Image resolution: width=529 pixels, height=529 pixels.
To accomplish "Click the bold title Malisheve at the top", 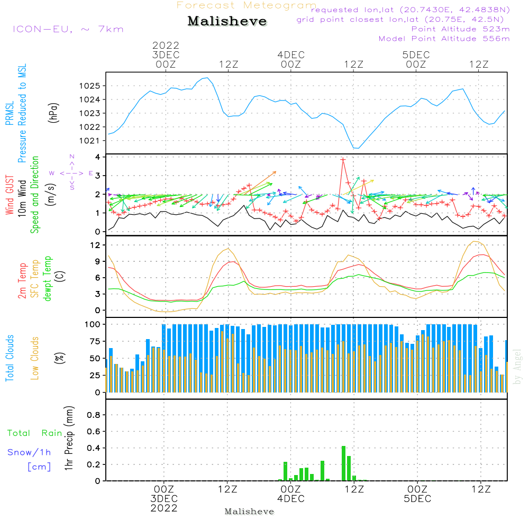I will click(x=227, y=22).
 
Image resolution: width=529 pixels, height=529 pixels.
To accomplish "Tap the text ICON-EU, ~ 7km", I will click(x=68, y=29).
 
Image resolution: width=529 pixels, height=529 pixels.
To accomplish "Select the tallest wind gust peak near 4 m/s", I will click(x=343, y=159).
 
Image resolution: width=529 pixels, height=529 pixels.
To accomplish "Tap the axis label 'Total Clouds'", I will click(x=10, y=358).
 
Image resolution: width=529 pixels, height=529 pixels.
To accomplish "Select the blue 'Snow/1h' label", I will click(x=30, y=453).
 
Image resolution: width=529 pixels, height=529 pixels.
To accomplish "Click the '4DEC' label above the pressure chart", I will click(x=290, y=55).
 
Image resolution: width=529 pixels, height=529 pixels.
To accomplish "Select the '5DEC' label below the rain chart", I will click(x=417, y=499).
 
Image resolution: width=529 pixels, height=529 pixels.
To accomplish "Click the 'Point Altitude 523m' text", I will click(x=460, y=29).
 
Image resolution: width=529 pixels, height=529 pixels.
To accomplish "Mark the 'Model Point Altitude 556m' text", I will click(x=444, y=39).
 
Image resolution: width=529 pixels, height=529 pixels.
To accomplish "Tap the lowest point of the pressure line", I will click(x=356, y=148).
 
